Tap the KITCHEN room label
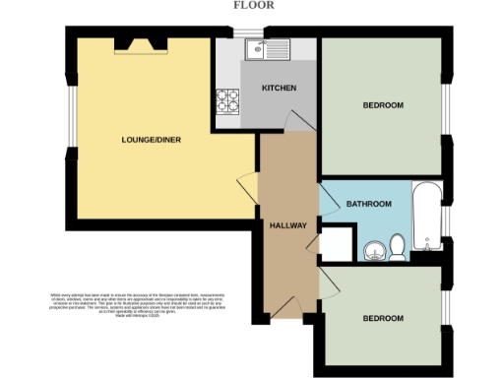[x=279, y=89]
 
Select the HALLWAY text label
[x=289, y=225]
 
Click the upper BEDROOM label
[x=382, y=104]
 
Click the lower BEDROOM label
[x=382, y=318]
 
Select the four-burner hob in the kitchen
[x=229, y=100]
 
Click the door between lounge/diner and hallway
[x=248, y=185]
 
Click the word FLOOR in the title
[x=253, y=5]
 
